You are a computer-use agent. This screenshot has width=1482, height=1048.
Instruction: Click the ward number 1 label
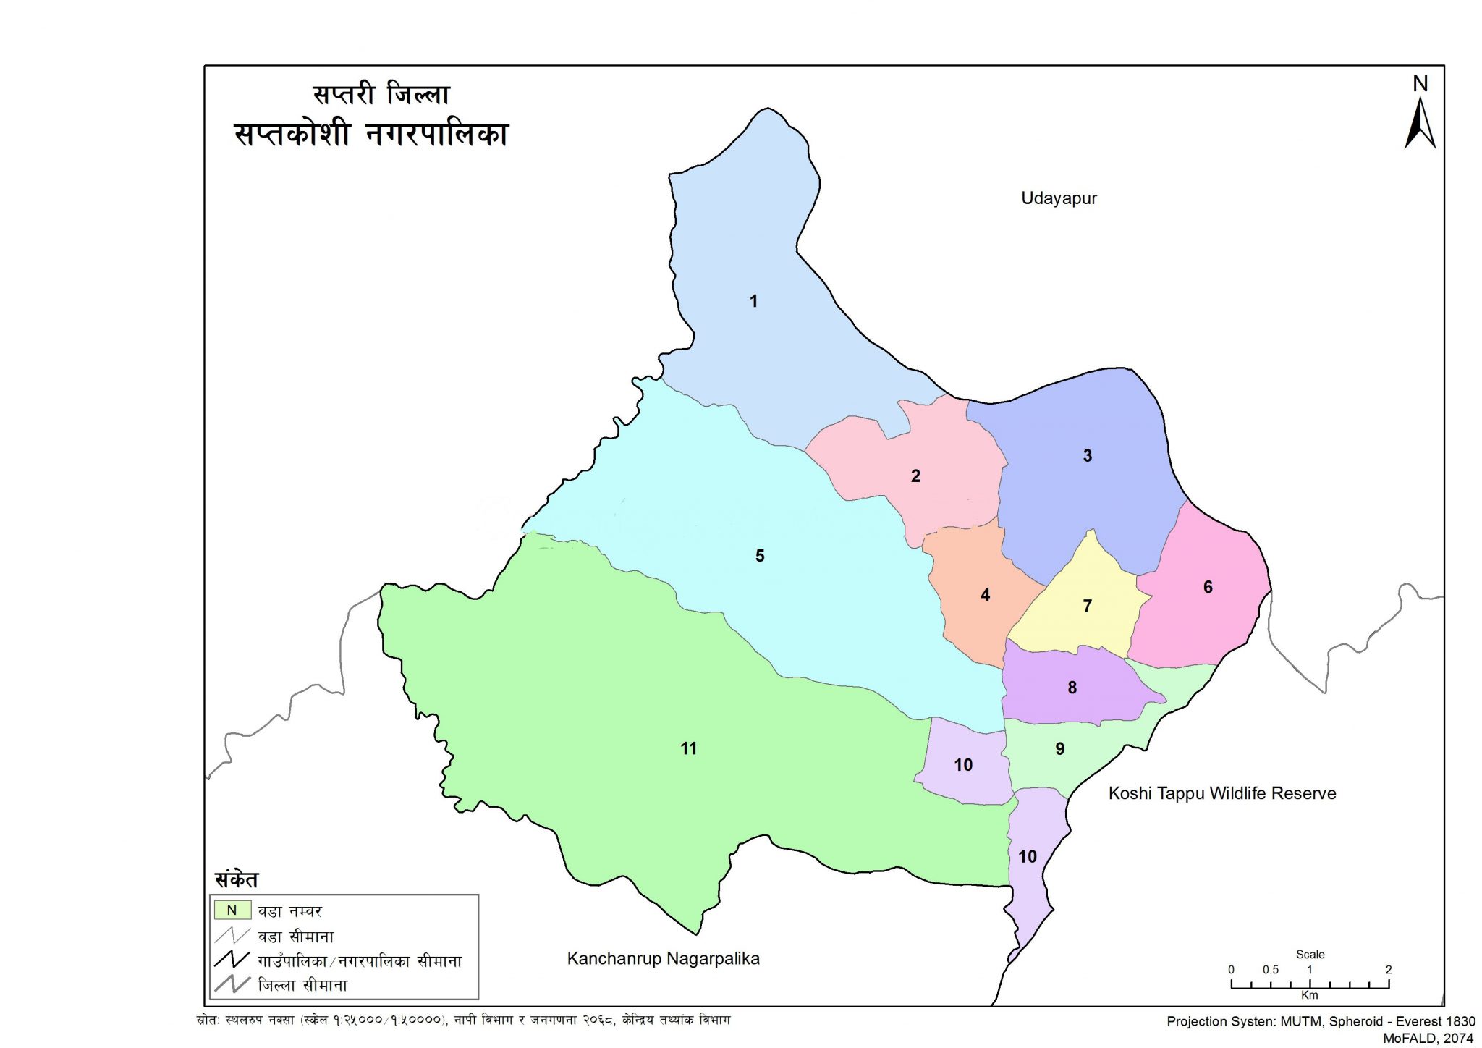(753, 301)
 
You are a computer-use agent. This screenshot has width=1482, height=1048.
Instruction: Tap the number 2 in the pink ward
(915, 476)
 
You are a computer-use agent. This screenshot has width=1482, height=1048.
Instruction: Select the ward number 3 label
(1087, 456)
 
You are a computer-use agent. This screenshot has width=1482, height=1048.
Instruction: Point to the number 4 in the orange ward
(985, 595)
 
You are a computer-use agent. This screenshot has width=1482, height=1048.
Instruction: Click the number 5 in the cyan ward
(760, 556)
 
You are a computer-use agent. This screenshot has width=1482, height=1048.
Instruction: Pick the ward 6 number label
(1208, 587)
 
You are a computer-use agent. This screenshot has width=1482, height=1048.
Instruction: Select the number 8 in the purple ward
(1072, 688)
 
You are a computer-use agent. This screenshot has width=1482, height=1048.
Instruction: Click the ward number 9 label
(1060, 749)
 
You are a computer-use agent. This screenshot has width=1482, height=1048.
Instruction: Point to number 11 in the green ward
(688, 749)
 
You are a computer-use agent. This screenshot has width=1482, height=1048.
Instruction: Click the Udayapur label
(1059, 198)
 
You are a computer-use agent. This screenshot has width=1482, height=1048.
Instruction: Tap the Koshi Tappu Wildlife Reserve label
(1221, 793)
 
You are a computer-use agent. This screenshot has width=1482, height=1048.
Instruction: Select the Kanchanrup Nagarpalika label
(663, 959)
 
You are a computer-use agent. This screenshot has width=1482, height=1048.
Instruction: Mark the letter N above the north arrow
(1420, 85)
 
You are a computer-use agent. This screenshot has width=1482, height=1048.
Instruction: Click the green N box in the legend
(232, 910)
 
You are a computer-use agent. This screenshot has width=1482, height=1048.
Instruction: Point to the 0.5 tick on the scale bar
(1271, 970)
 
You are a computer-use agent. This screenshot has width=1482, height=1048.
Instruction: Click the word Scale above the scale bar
(1310, 955)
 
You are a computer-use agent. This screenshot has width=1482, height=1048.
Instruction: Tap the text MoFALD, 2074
(1428, 1038)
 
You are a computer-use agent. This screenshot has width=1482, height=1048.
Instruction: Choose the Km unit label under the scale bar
(1310, 995)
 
